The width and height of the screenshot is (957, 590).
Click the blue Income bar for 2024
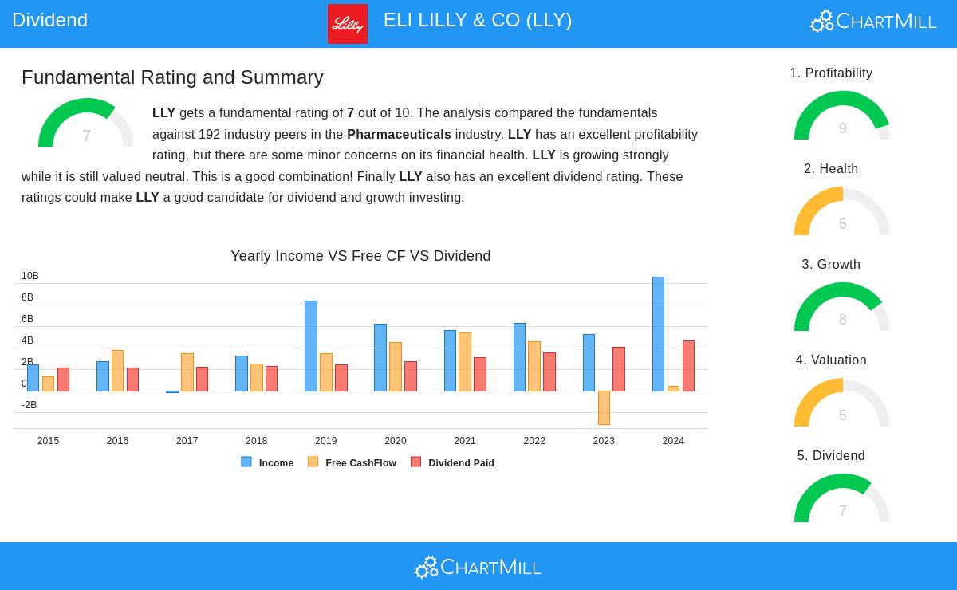click(x=658, y=334)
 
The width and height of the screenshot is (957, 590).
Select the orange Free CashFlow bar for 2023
click(x=604, y=407)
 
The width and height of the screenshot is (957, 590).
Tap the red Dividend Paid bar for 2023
click(x=619, y=369)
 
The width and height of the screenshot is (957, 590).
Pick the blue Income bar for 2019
click(x=311, y=346)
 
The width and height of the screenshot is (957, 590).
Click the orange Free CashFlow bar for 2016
click(x=117, y=371)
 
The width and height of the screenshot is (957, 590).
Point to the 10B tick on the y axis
click(x=30, y=276)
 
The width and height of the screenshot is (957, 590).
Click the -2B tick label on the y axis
click(x=29, y=405)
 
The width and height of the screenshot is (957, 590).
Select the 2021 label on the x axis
click(x=465, y=441)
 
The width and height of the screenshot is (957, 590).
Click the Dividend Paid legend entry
click(x=453, y=462)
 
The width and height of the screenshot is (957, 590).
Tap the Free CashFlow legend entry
click(x=352, y=462)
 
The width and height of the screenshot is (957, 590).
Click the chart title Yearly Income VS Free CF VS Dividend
click(x=360, y=256)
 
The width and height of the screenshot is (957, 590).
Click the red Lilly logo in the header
click(x=348, y=24)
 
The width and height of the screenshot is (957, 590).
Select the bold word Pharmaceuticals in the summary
click(x=399, y=134)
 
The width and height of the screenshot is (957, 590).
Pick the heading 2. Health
click(x=831, y=168)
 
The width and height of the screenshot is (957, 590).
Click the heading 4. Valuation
click(x=831, y=360)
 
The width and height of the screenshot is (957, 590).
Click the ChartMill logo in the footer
click(x=478, y=567)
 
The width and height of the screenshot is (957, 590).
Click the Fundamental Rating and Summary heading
click(x=172, y=77)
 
